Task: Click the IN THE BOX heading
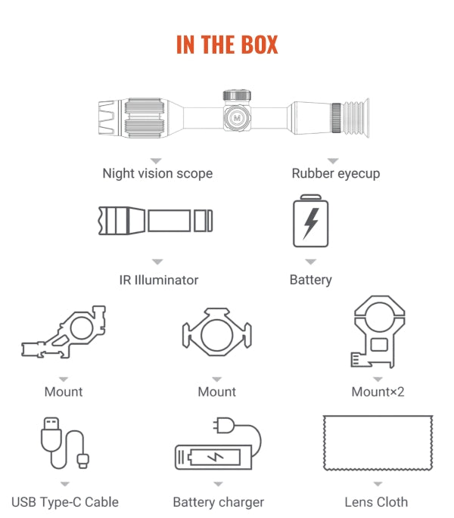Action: click(x=227, y=45)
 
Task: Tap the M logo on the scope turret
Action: click(x=237, y=118)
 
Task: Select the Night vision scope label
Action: click(x=157, y=173)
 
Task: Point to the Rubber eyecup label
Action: click(x=336, y=173)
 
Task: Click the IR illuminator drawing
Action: click(x=155, y=221)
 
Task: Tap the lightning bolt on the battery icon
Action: click(x=311, y=224)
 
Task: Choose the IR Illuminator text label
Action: click(x=159, y=280)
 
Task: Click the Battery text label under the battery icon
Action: click(x=310, y=280)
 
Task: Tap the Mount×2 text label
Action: click(x=378, y=392)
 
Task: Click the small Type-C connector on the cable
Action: click(x=83, y=461)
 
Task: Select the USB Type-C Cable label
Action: click(x=65, y=502)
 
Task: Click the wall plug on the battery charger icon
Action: click(x=225, y=426)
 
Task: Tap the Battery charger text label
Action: click(x=218, y=502)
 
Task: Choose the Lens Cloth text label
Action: click(x=376, y=502)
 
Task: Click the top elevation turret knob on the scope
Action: click(x=237, y=95)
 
